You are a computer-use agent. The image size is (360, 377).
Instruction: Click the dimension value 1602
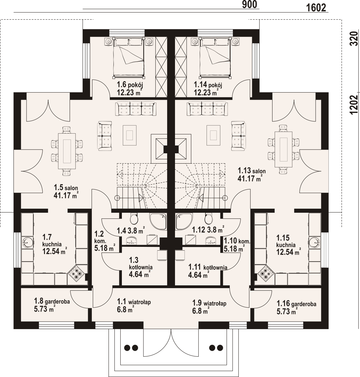[316, 8]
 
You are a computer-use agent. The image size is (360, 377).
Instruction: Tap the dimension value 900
[249, 4]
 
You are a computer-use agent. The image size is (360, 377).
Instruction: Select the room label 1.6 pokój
[130, 85]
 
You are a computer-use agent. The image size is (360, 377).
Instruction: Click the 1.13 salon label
[252, 171]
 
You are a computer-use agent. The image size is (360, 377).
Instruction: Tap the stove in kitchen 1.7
[76, 273]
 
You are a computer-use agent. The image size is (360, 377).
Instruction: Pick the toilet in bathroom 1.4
[134, 218]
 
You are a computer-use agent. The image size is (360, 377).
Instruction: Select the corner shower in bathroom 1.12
[184, 221]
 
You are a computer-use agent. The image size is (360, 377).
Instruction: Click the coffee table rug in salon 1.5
[130, 135]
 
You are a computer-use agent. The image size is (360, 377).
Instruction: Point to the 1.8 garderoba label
[52, 301]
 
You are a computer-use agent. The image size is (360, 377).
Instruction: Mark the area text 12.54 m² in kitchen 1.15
[288, 252]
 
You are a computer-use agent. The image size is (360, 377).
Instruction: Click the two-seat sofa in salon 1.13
[238, 135]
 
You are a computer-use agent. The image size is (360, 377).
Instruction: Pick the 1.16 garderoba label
[297, 303]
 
